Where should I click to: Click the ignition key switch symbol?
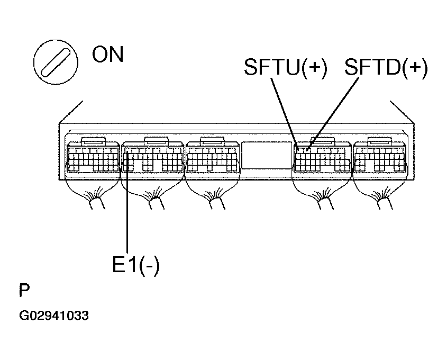click(56, 62)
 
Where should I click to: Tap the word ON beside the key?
click(108, 54)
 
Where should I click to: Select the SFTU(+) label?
click(286, 67)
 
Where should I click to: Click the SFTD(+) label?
click(386, 67)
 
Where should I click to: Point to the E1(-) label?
click(136, 265)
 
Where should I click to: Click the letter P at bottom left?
click(24, 290)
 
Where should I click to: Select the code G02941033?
click(54, 316)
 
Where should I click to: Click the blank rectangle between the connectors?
click(267, 155)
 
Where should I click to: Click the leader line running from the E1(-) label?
click(127, 202)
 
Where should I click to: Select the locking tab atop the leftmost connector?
click(93, 140)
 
